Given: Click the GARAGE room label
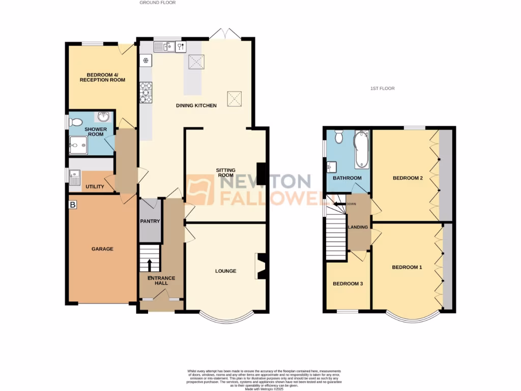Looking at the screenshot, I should click(102, 249).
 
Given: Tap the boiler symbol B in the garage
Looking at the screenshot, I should click(73, 205).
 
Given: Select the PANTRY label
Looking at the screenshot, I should click(150, 221).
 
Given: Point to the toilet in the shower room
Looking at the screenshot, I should click(76, 122).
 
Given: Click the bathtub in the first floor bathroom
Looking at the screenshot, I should click(361, 149).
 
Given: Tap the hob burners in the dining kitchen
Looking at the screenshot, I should click(146, 92).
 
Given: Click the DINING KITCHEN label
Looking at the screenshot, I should click(196, 105).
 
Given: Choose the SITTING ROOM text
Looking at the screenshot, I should click(225, 172).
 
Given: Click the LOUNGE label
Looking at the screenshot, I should click(225, 271).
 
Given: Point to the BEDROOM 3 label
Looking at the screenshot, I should click(348, 284).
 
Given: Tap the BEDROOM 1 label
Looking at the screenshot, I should click(407, 267).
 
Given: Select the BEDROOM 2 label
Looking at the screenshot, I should click(408, 178).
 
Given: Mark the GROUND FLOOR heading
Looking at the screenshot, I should click(158, 3).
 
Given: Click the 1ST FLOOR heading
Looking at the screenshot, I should click(382, 89).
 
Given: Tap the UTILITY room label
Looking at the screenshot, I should click(95, 187).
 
